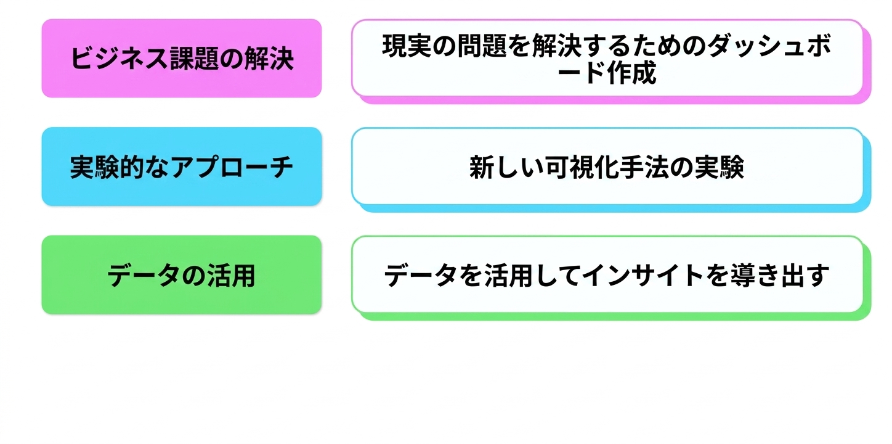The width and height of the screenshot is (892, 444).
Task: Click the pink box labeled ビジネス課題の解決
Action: tap(182, 58)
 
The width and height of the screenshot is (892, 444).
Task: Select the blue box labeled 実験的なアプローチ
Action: tap(182, 166)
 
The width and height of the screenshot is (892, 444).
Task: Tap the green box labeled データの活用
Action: tap(182, 275)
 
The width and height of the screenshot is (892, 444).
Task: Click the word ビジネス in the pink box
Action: tap(119, 59)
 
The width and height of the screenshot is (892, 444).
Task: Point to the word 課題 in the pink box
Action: tap(194, 59)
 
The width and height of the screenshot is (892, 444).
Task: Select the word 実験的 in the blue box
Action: tap(107, 167)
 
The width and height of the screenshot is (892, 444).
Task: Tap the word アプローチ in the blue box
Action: tap(232, 167)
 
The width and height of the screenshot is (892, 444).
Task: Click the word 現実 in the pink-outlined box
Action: tap(407, 46)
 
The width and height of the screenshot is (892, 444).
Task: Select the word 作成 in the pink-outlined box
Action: tap(631, 73)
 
